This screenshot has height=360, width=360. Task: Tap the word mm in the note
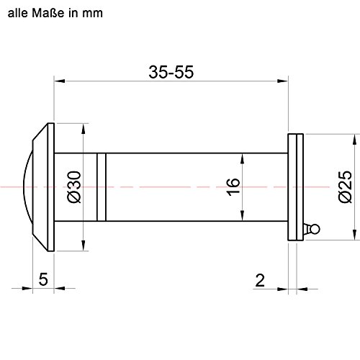[102, 12]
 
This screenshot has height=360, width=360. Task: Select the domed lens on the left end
[29, 186]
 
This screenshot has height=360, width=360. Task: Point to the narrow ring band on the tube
[102, 186]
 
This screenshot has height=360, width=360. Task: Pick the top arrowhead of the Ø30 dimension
[84, 126]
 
